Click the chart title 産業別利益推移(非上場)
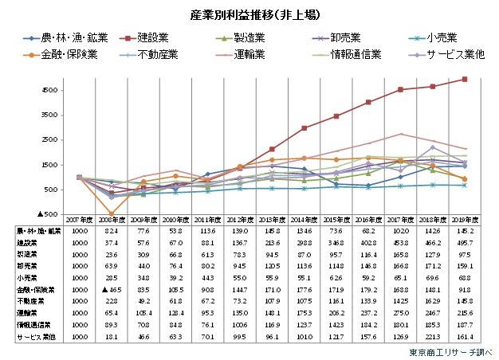250,14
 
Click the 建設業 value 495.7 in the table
464,241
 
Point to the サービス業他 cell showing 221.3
434,338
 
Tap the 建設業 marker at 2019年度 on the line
464,79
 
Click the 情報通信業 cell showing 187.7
464,327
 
